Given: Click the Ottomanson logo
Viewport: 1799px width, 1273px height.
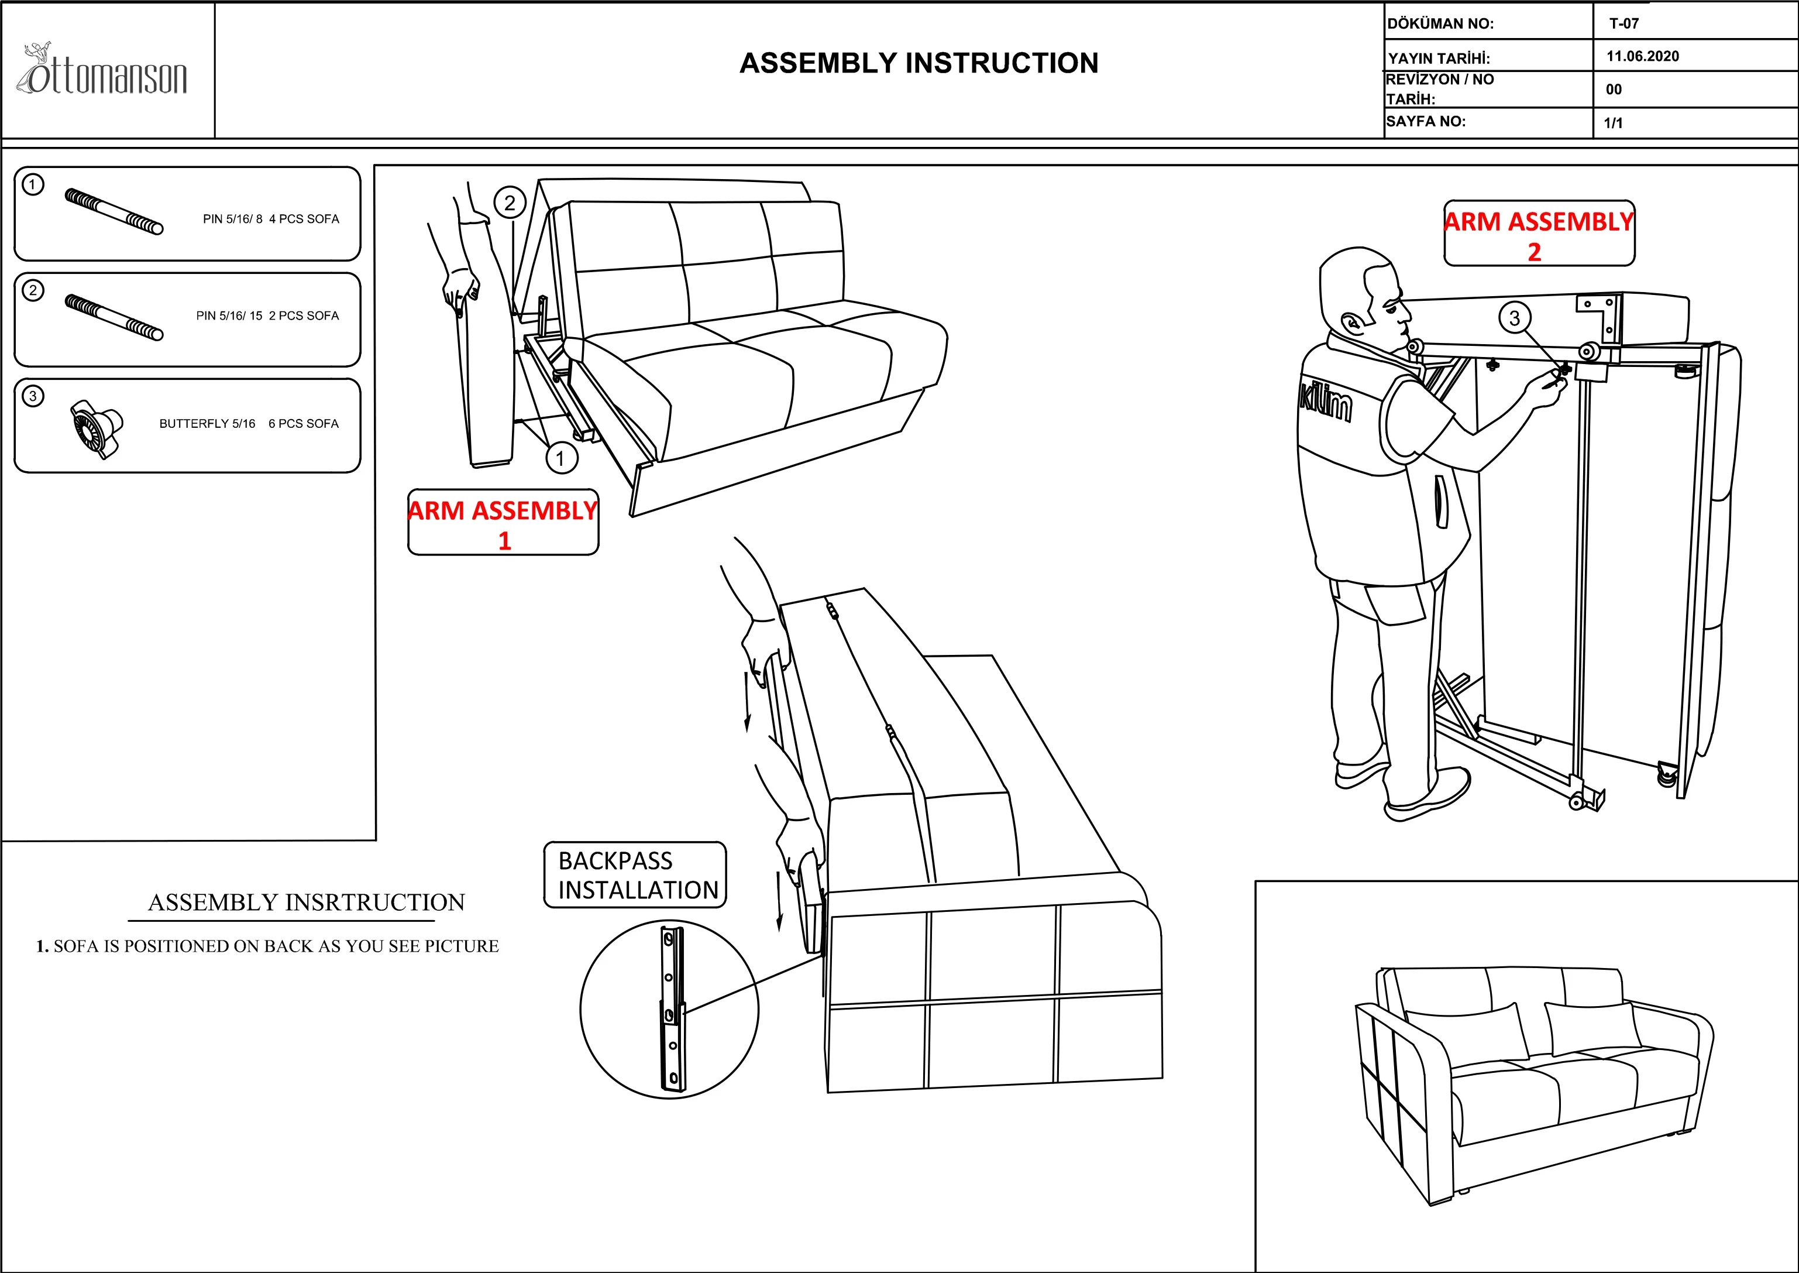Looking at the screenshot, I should [102, 72].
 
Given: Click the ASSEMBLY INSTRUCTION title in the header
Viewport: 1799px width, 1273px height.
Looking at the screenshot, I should [919, 63].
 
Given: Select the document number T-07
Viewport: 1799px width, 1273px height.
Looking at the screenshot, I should [1623, 23].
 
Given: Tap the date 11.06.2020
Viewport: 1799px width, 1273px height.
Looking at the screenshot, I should [1642, 56].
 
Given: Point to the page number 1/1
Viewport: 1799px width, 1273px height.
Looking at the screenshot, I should [1614, 123].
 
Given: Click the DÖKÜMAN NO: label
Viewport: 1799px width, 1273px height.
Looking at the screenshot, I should [1440, 23].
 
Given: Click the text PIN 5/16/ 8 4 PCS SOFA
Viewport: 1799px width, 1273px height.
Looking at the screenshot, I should [271, 219].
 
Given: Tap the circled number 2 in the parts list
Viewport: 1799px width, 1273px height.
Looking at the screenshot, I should [33, 291].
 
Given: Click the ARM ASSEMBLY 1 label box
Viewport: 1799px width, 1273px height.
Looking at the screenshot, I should [503, 523].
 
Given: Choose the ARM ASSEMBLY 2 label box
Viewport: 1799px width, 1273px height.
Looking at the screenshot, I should [1539, 234].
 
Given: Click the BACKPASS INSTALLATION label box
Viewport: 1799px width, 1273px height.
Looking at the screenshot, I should [635, 876].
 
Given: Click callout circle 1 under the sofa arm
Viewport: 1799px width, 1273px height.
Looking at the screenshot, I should [560, 458].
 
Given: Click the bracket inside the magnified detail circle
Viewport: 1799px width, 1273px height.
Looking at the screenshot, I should [672, 1010].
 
